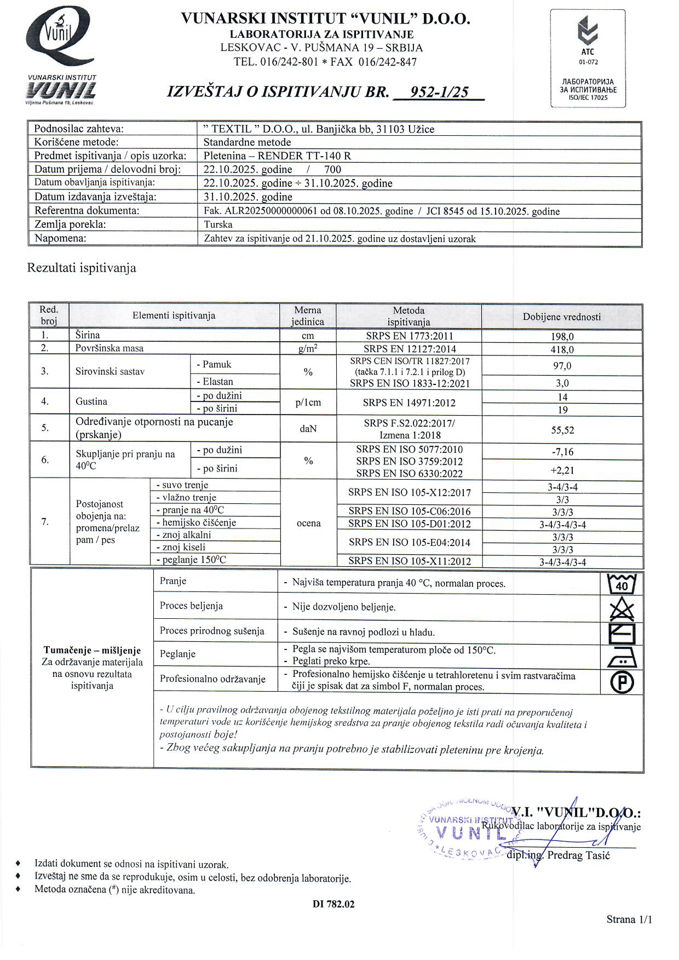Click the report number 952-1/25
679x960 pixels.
coord(439,92)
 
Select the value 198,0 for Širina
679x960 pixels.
coord(562,337)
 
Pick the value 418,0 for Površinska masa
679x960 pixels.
coord(562,349)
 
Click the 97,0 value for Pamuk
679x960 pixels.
coord(562,366)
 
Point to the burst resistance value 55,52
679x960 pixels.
coord(562,430)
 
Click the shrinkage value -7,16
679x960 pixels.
coord(562,452)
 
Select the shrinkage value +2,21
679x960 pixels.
coord(562,470)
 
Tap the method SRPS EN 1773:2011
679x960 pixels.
coord(409,336)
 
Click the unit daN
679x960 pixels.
coord(308,429)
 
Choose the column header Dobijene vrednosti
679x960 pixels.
coord(562,317)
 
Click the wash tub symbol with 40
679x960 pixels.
coord(622,584)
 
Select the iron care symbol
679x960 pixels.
coord(622,657)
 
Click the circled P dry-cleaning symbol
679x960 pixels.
coord(622,682)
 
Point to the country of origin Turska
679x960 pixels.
coord(218,225)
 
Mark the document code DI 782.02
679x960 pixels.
coord(333,904)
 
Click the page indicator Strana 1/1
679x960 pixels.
coord(629,919)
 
